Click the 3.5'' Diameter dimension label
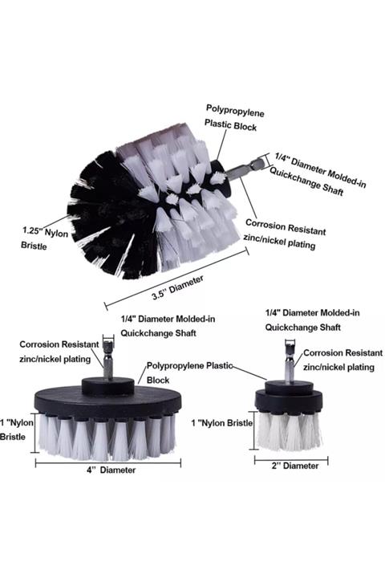click(x=177, y=287)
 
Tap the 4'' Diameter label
click(x=111, y=470)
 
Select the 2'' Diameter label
click(x=295, y=466)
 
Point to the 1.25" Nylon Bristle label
click(x=45, y=239)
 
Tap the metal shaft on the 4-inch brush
click(x=108, y=360)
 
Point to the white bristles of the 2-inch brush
click(x=289, y=431)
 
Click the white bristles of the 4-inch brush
click(x=107, y=438)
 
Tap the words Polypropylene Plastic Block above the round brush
click(x=233, y=118)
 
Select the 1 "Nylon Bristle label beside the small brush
click(x=222, y=423)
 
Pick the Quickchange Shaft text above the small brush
click(x=303, y=328)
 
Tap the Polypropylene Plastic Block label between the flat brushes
click(x=190, y=372)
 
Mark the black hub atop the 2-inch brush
click(x=289, y=388)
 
